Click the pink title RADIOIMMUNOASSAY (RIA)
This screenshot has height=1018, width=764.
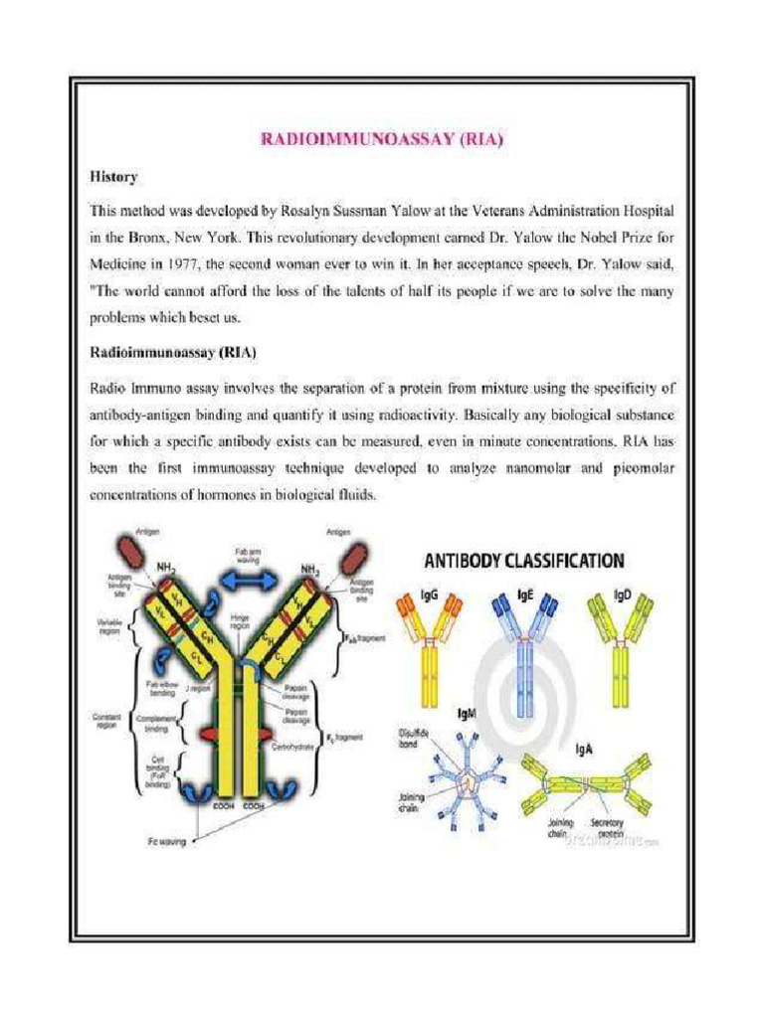[382, 140]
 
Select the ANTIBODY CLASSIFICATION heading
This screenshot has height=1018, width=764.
[524, 561]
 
